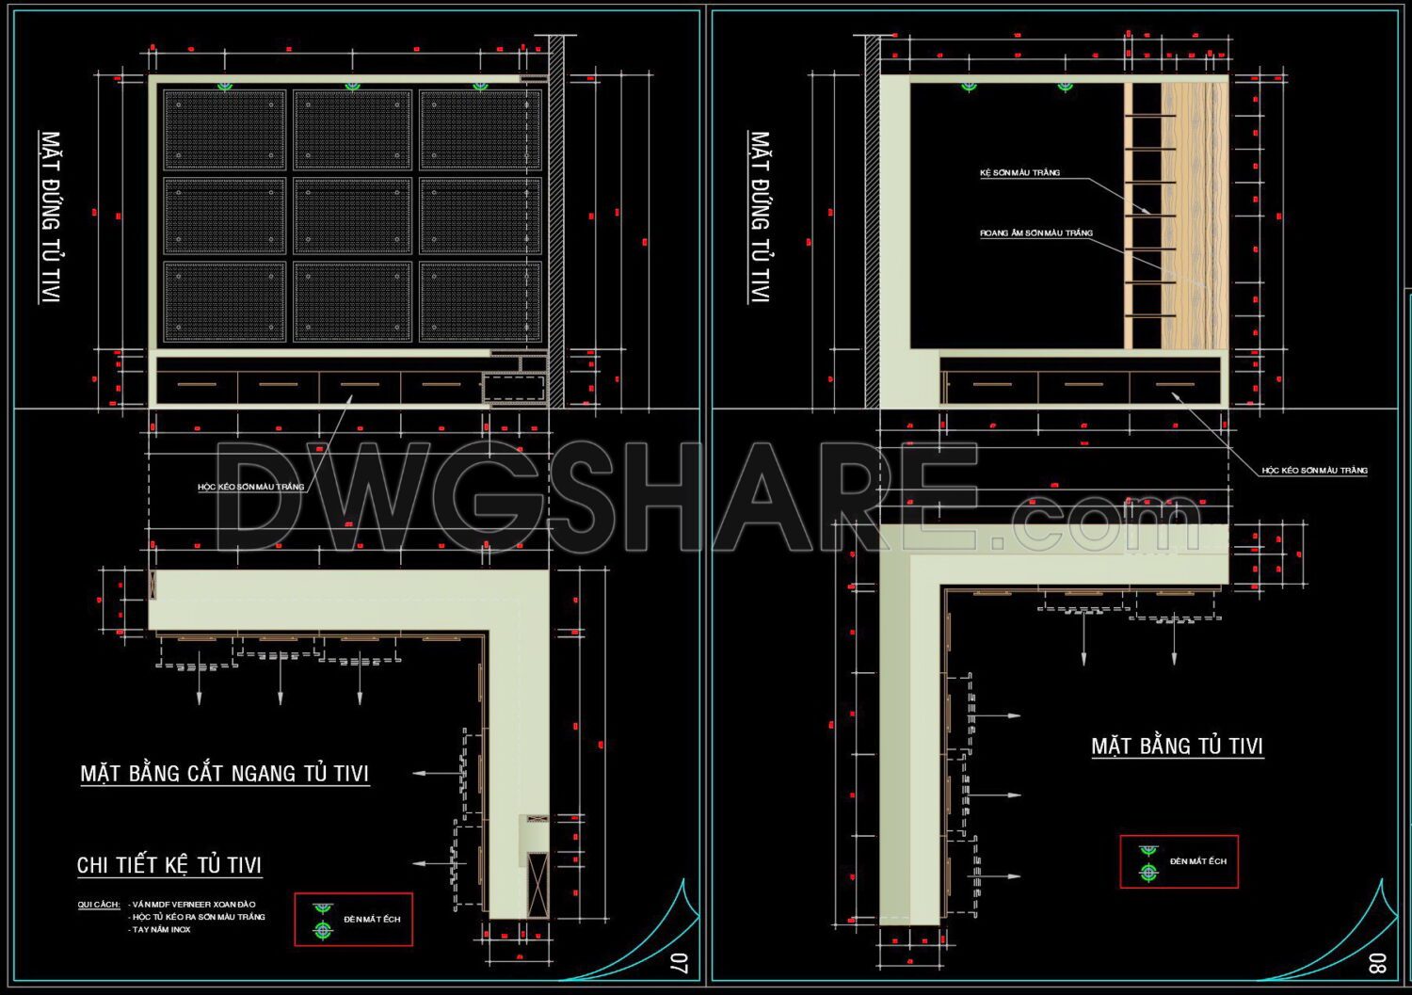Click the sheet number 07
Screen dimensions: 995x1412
679,963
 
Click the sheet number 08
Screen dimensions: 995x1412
1377,963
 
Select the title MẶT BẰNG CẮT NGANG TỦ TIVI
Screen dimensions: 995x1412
224,774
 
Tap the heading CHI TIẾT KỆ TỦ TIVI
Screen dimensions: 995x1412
169,865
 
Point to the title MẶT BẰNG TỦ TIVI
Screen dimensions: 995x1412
1177,746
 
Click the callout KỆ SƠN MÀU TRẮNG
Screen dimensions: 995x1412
1019,173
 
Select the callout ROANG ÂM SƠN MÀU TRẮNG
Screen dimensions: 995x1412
1036,233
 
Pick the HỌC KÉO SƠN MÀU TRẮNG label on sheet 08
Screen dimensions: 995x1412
1314,471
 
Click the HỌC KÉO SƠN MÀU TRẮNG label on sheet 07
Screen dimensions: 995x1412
251,488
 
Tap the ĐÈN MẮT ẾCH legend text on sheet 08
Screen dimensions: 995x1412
1197,861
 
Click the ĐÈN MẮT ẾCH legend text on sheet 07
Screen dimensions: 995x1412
372,919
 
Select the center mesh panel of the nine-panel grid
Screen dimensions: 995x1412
352,217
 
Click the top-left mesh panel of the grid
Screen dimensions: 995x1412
225,130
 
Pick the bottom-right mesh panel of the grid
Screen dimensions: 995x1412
480,301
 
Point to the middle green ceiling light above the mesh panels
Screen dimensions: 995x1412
352,87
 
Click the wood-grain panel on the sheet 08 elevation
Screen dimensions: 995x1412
1194,215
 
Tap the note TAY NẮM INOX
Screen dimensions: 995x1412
161,930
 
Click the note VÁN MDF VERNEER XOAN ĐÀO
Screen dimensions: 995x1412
194,905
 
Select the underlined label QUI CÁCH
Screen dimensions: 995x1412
98,905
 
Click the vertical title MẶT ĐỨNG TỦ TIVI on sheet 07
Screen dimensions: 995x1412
50,217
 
